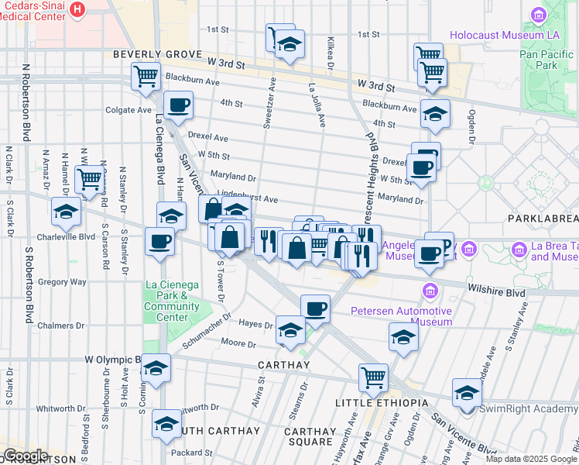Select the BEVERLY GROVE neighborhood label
coord(152,55)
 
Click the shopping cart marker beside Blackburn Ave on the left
coord(146,77)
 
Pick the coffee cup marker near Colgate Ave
coord(178,105)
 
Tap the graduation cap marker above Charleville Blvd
coord(67,211)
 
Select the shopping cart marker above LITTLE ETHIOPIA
coord(373,377)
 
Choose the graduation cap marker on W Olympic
coord(156,370)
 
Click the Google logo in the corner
coord(26,456)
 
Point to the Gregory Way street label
coord(62,282)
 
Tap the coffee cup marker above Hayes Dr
coord(315,308)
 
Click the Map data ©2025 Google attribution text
coord(531,459)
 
